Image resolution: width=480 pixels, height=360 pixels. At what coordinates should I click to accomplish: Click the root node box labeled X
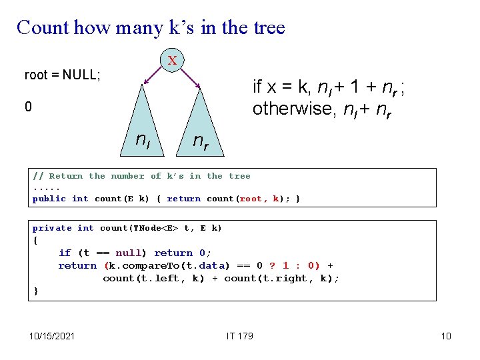[x=172, y=60]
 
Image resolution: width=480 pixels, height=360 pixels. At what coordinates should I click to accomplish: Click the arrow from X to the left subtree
[x=151, y=77]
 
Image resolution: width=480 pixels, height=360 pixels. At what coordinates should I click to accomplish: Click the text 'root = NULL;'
[x=63, y=75]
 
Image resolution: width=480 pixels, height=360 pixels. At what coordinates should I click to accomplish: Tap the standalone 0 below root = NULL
[x=28, y=107]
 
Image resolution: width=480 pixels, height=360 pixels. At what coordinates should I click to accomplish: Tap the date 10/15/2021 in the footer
[x=53, y=335]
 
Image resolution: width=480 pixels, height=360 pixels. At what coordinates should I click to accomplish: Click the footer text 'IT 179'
[x=239, y=335]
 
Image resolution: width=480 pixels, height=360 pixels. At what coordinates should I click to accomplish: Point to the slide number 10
[x=446, y=335]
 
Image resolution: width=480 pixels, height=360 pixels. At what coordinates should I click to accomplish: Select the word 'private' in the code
[x=52, y=228]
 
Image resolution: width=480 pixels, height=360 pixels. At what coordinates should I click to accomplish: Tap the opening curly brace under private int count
[x=35, y=241]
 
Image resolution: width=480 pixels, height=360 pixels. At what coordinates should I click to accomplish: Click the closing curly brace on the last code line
[x=35, y=291]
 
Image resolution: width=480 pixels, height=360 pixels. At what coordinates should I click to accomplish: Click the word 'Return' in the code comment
[x=66, y=176]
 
